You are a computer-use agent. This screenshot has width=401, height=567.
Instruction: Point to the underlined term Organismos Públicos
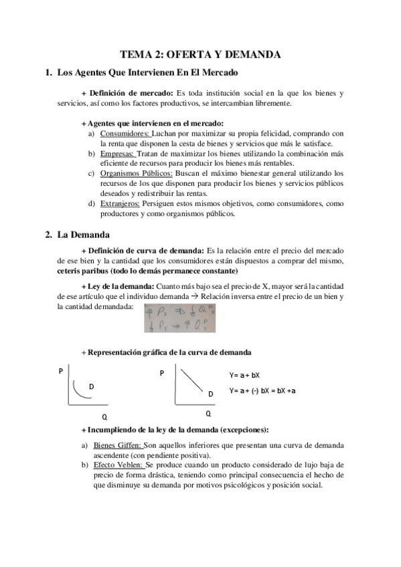(x=132, y=173)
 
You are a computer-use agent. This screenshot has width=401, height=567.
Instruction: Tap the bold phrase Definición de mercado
(x=131, y=93)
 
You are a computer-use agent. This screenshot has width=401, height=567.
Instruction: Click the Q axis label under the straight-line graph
(x=208, y=413)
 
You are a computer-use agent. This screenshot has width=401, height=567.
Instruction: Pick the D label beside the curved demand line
(x=92, y=387)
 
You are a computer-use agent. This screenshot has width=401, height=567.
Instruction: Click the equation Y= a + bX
(x=244, y=375)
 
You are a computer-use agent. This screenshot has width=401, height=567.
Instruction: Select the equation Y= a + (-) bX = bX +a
(x=262, y=390)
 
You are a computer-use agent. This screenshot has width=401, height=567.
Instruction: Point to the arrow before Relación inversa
(x=245, y=296)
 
